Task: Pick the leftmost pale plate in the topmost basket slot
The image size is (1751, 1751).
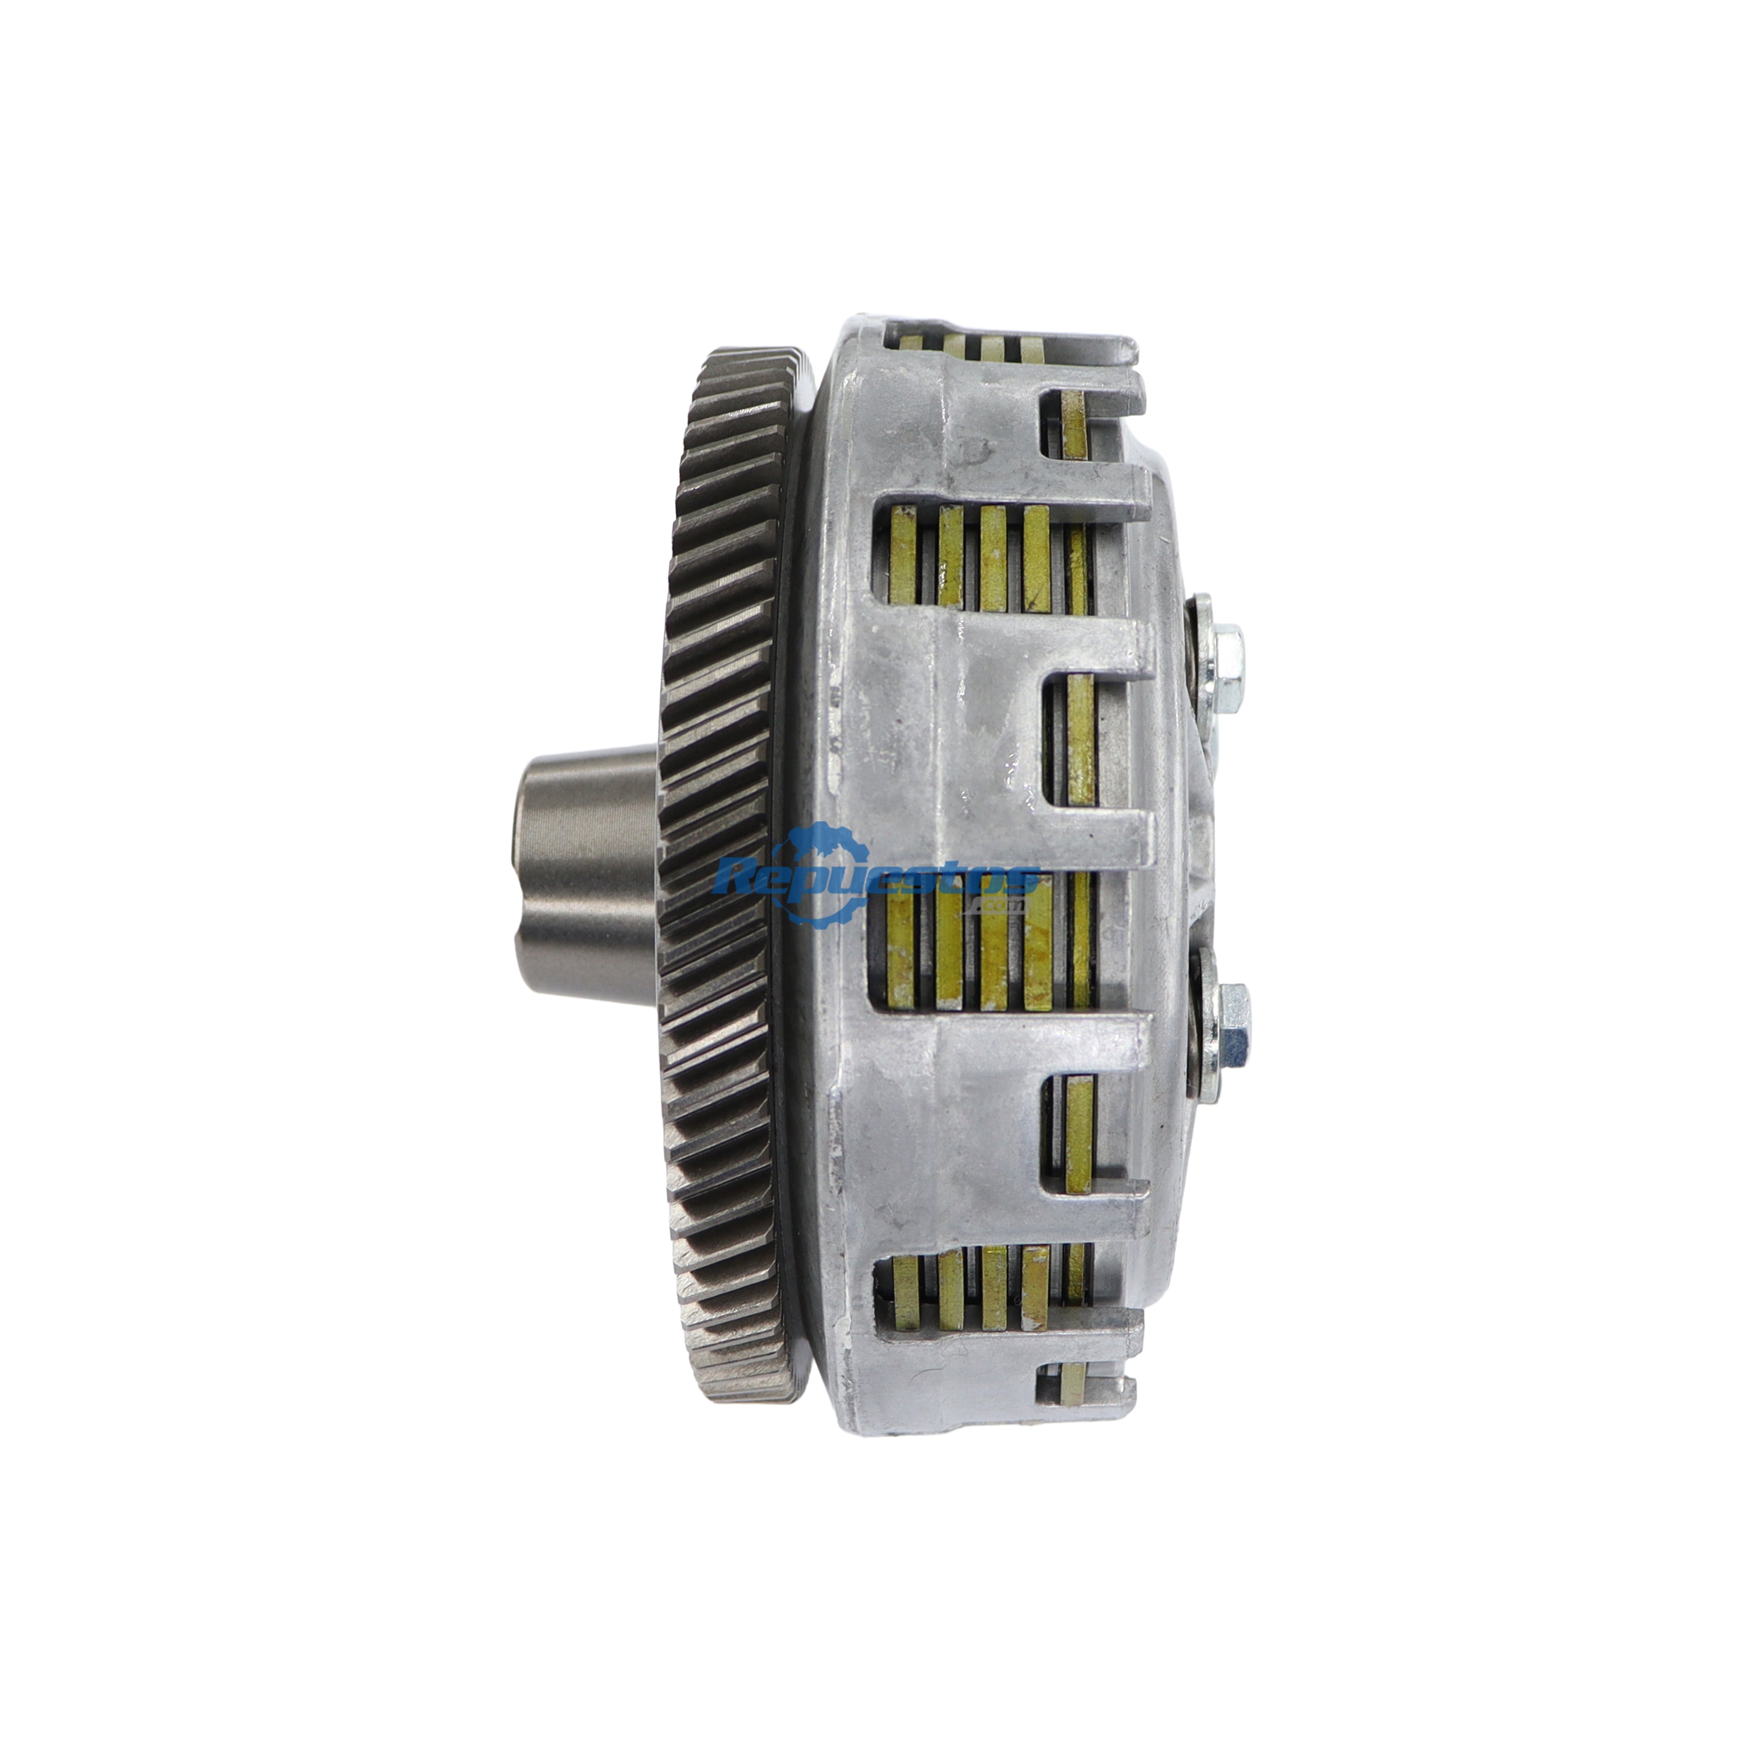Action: pyautogui.click(x=912, y=343)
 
